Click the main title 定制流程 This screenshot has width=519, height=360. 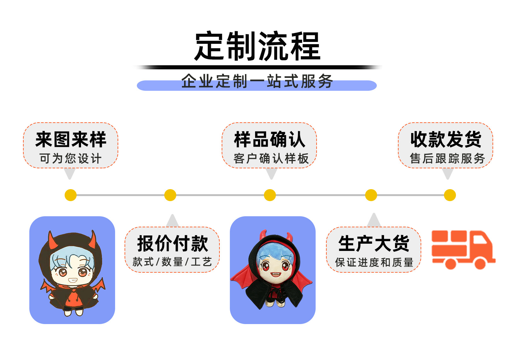pos(258,46)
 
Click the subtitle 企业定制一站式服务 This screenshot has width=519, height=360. pos(257,81)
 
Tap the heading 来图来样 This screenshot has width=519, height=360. pos(71,140)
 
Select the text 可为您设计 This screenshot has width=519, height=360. pos(71,158)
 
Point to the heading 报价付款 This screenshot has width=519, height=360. pos(172,244)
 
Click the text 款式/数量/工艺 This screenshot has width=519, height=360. pos(172,262)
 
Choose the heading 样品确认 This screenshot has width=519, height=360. pos(270,140)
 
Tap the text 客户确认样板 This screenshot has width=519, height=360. pos(271,158)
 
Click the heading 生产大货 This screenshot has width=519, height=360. pos(374,244)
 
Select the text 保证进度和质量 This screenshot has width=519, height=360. pos(374,262)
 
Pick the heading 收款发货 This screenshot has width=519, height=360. pos(446,140)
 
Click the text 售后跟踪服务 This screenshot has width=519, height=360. pos(447,158)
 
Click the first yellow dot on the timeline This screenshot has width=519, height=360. pos(71,195)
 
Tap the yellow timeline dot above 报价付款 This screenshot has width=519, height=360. pos(170,195)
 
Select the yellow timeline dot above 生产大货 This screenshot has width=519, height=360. pos(371,195)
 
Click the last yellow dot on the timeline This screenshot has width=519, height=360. pos(450,195)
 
